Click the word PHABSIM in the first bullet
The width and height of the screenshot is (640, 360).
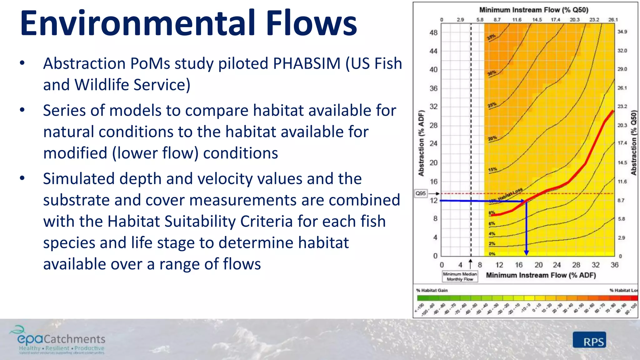[x=307, y=63]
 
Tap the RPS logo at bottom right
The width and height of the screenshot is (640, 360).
[x=589, y=340]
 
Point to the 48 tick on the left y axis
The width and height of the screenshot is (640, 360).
[x=433, y=32]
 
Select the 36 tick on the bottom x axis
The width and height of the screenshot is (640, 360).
[x=614, y=265]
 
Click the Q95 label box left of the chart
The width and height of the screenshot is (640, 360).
[x=421, y=193]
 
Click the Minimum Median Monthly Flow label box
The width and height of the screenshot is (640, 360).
[x=460, y=277]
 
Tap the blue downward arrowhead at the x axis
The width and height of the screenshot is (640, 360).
[x=527, y=252]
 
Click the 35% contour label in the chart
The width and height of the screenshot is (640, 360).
[x=491, y=37]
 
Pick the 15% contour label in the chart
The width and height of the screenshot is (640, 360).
[x=492, y=170]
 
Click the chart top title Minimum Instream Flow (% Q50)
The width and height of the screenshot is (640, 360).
[x=534, y=10]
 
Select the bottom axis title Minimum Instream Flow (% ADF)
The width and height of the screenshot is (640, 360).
[x=541, y=275]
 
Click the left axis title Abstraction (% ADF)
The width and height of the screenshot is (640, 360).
[x=421, y=143]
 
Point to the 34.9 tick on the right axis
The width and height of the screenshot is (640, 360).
[x=622, y=32]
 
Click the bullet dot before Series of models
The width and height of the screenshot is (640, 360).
[x=22, y=110]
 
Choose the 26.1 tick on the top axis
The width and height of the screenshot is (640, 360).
[x=613, y=20]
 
